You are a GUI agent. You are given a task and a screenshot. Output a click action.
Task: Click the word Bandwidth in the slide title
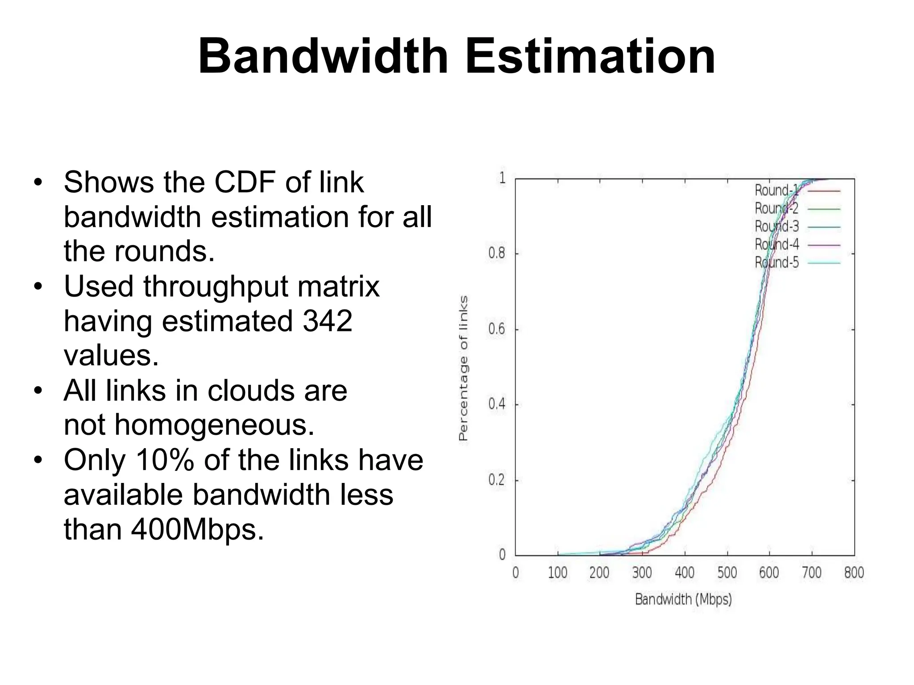pos(323,57)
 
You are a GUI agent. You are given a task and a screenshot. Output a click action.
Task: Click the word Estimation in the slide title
pos(590,57)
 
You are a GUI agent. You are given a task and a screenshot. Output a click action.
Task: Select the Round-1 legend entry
pos(776,190)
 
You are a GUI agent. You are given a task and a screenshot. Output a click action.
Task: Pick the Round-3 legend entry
pos(777,227)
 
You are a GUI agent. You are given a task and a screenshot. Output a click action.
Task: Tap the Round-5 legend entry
pos(777,263)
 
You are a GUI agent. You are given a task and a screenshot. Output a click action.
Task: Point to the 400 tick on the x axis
pos(685,573)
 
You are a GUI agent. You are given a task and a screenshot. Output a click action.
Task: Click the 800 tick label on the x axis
pos(854,573)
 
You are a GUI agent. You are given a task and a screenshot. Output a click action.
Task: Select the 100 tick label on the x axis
pos(557,573)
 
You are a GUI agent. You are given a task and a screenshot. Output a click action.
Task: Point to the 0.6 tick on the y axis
pos(497,330)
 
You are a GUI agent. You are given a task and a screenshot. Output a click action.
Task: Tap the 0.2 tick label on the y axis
pos(497,480)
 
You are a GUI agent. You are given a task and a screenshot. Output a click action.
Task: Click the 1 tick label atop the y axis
pos(503,178)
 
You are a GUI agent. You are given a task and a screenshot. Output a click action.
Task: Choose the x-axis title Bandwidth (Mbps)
pos(683,599)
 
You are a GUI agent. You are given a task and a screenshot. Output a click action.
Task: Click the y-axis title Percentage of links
pos(464,368)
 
